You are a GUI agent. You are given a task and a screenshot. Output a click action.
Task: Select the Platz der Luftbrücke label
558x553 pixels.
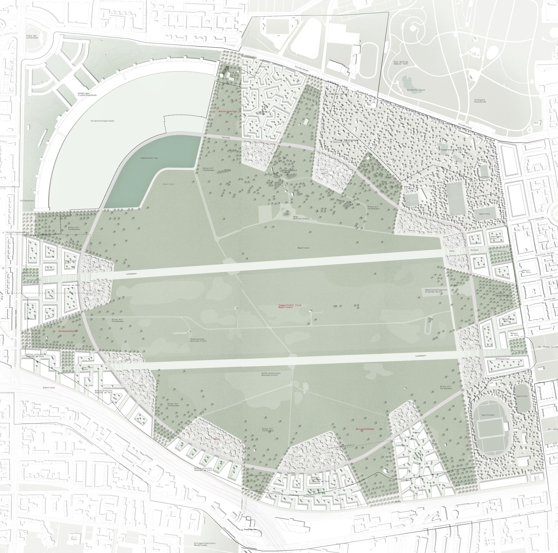[x=32, y=36]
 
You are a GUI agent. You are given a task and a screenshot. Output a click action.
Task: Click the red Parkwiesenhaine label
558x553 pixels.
[x=68, y=331]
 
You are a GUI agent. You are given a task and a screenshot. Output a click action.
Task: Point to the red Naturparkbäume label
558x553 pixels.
[x=365, y=429]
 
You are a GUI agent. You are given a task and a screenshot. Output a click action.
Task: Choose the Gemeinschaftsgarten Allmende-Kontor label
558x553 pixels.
[x=434, y=290]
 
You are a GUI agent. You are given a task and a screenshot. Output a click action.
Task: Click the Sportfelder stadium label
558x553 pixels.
[x=488, y=415]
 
